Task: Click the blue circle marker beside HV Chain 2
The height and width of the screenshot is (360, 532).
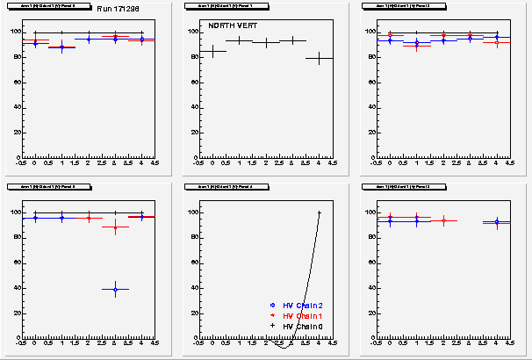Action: [273, 305]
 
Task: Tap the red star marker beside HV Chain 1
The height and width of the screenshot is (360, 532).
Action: [273, 315]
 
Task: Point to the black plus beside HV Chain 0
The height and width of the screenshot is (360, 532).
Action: [273, 326]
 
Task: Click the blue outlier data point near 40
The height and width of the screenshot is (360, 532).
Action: [115, 289]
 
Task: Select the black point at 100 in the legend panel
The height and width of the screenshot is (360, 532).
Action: [320, 212]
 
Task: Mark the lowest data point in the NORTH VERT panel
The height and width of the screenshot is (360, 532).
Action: [320, 58]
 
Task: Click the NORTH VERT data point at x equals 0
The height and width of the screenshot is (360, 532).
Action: [212, 51]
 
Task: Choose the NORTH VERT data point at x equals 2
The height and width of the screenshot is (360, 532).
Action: [266, 42]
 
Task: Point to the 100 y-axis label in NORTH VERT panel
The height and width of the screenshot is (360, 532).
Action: [195, 32]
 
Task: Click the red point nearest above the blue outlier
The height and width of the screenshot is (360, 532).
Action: [115, 227]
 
